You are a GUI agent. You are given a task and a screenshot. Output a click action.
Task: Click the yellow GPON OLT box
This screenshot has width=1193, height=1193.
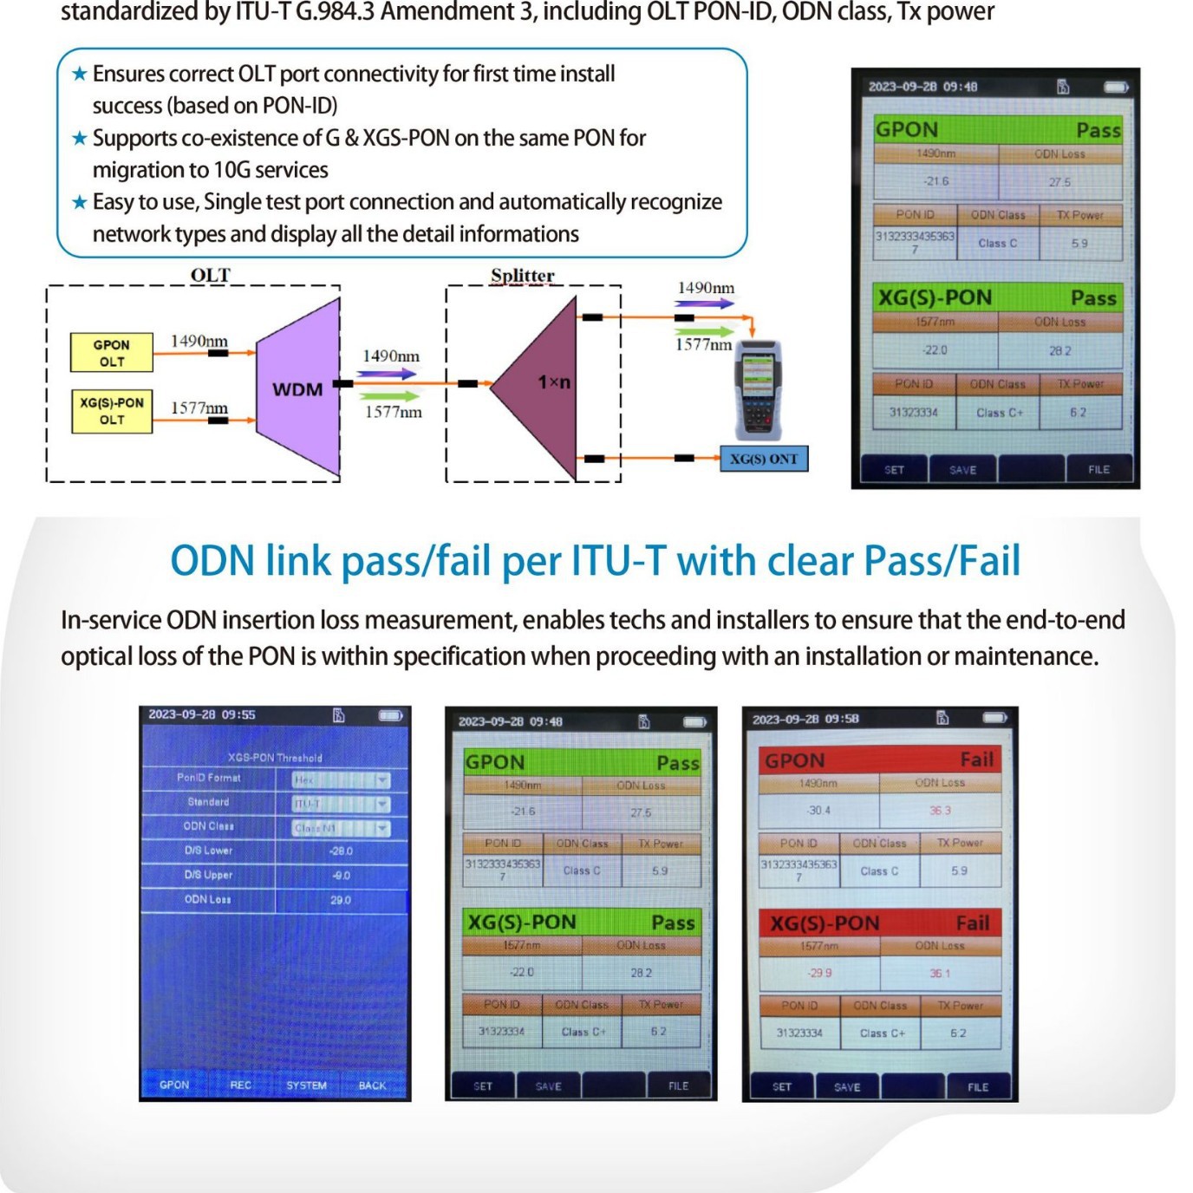click(111, 353)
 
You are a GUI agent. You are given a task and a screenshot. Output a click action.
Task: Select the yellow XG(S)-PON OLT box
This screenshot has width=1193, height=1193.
click(112, 411)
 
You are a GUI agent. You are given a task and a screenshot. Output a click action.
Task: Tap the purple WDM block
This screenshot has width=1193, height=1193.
click(297, 388)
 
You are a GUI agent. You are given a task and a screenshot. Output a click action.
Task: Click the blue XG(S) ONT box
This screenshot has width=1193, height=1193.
click(764, 459)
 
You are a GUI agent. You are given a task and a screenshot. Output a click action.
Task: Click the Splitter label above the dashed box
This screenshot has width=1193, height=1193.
click(522, 276)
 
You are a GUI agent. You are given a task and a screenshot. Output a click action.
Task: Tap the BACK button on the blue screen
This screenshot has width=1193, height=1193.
click(372, 1085)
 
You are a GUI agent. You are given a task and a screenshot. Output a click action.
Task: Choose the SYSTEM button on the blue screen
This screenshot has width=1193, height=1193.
click(306, 1085)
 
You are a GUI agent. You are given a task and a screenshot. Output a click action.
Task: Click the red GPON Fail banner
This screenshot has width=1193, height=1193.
click(879, 760)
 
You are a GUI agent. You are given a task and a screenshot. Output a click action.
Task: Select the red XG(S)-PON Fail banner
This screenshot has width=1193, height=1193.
click(879, 923)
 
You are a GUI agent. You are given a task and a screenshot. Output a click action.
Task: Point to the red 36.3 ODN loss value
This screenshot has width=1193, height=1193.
click(940, 811)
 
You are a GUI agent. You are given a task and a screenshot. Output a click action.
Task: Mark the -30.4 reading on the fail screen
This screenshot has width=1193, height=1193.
click(818, 811)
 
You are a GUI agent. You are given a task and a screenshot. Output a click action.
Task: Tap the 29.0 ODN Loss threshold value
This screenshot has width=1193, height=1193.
click(341, 900)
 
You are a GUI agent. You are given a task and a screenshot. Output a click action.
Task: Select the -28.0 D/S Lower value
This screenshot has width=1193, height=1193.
click(341, 851)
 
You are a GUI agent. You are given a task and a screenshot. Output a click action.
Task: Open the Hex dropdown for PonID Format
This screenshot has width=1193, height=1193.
click(341, 780)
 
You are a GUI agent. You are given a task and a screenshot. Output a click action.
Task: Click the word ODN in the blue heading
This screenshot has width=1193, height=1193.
click(212, 561)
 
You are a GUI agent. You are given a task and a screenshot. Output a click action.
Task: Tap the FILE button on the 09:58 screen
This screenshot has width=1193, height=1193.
click(978, 1087)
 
